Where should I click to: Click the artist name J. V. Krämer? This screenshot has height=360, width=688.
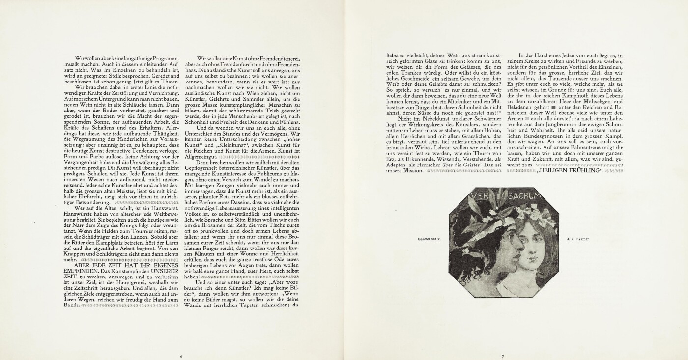(577, 239)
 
